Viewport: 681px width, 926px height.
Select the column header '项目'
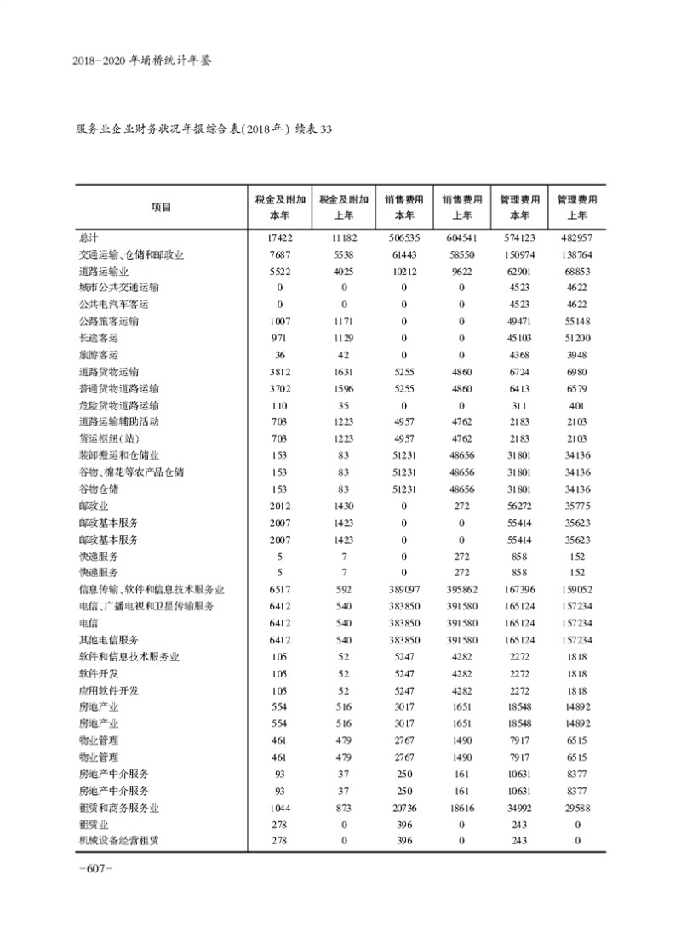pyautogui.click(x=160, y=207)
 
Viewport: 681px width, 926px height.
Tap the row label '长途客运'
pyautogui.click(x=98, y=338)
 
